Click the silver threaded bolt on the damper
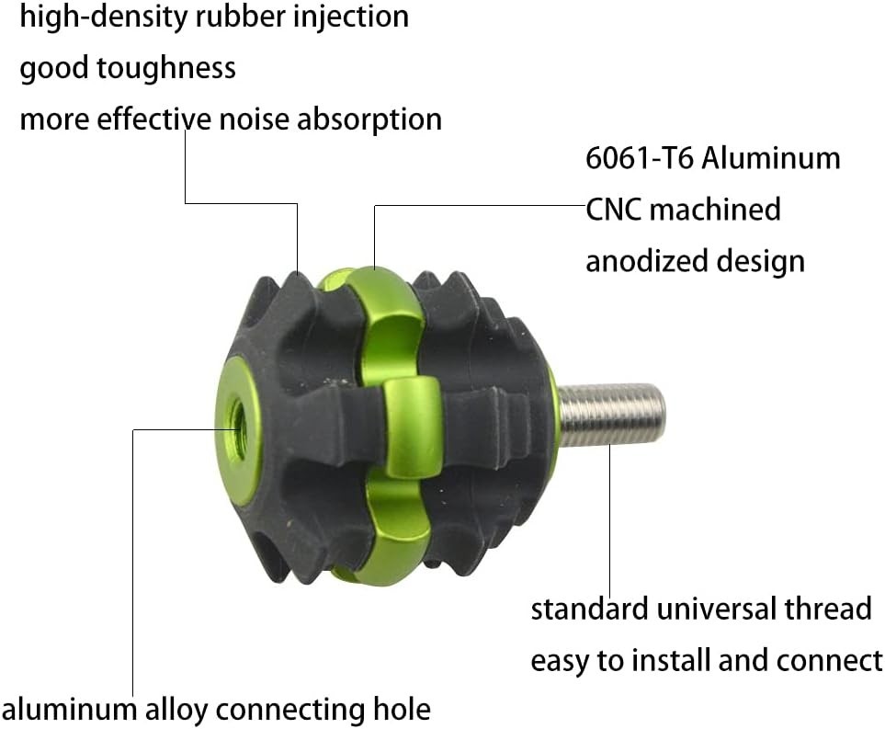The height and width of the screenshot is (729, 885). [x=611, y=415]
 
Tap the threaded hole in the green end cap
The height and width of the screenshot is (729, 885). [x=237, y=421]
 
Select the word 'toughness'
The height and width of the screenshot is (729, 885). [x=166, y=68]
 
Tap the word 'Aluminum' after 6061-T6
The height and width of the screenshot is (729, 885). [x=770, y=158]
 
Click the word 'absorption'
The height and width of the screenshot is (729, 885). [x=369, y=120]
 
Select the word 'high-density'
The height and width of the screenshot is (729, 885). [x=105, y=17]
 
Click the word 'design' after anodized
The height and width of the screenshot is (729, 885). [x=760, y=262]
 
